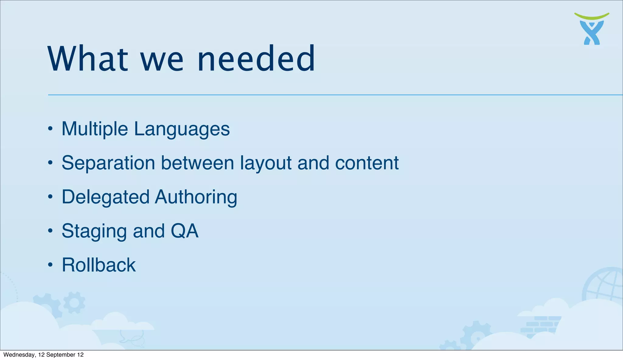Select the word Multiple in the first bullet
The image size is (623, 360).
pos(95,129)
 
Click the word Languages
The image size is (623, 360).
pos(182,129)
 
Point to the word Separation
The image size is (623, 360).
pos(108,163)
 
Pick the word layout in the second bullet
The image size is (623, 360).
pos(266,163)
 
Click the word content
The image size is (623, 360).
pos(367,163)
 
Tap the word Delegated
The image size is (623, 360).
pos(105,197)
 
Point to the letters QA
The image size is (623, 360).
pos(184,231)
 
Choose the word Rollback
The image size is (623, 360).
pos(99,265)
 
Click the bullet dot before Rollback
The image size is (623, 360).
pos(50,265)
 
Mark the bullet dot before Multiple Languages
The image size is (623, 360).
pos(50,129)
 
